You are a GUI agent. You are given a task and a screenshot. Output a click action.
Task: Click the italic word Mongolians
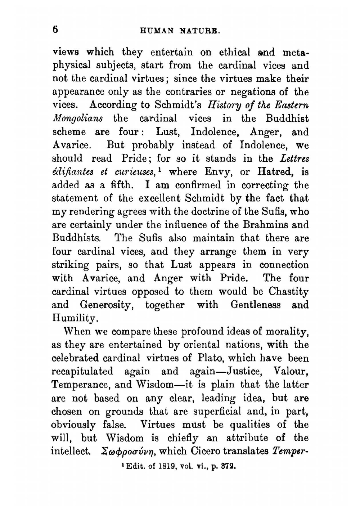[x=77, y=118]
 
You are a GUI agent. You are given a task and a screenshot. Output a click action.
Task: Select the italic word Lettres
[x=294, y=158]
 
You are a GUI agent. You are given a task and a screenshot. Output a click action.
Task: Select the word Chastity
[x=289, y=291]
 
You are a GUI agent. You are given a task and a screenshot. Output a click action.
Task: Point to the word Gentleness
[x=256, y=305]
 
